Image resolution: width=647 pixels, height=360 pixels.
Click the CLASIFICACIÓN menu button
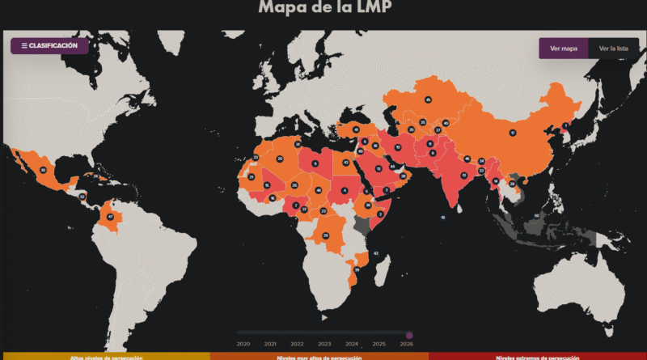pyautogui.click(x=49, y=46)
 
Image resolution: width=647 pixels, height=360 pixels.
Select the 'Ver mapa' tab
pyautogui.click(x=563, y=49)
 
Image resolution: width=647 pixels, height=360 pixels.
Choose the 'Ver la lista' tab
pyautogui.click(x=613, y=49)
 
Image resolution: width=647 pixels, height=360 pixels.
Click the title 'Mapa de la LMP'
pyautogui.click(x=323, y=9)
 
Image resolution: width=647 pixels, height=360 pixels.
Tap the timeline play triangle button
pyautogui.click(x=324, y=317)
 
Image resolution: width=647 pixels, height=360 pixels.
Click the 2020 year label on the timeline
pyautogui.click(x=243, y=344)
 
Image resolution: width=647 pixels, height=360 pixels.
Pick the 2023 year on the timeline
pyautogui.click(x=324, y=344)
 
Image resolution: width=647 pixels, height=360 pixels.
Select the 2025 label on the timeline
pyautogui.click(x=378, y=344)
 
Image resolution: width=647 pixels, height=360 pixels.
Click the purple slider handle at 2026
pyautogui.click(x=409, y=335)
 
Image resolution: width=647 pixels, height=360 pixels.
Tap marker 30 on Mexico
pyautogui.click(x=43, y=170)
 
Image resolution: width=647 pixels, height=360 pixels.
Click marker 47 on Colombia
pyautogui.click(x=109, y=217)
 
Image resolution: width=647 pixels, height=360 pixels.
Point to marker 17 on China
pyautogui.click(x=512, y=133)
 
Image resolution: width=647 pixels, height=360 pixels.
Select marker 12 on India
pyautogui.click(x=463, y=174)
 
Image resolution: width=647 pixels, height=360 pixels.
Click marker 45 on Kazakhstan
pyautogui.click(x=427, y=100)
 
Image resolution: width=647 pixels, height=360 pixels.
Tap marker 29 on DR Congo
pyautogui.click(x=326, y=235)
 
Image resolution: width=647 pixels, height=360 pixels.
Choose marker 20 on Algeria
pyautogui.click(x=279, y=159)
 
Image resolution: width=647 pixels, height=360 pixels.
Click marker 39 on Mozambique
pyautogui.click(x=357, y=269)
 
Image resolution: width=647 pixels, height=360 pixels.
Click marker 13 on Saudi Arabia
pyautogui.click(x=378, y=168)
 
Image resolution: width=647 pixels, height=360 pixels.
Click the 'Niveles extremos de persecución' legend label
pyautogui.click(x=538, y=357)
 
